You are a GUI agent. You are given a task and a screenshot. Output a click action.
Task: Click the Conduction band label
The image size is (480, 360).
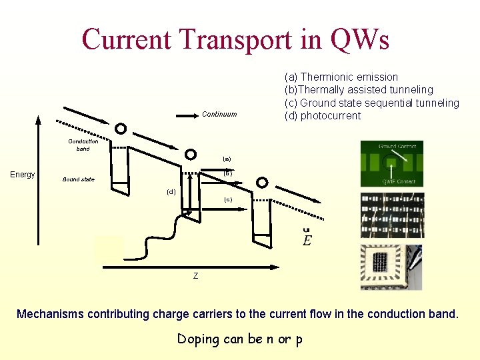[83, 145]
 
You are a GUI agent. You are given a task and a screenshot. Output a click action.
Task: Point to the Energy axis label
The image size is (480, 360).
[23, 175]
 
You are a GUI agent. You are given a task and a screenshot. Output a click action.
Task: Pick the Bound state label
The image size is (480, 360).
[79, 179]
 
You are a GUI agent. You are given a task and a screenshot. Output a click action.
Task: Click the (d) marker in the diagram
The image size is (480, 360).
[171, 192]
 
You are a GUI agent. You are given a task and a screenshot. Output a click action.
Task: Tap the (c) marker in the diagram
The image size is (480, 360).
[228, 199]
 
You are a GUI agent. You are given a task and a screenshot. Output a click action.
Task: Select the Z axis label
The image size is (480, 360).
[195, 276]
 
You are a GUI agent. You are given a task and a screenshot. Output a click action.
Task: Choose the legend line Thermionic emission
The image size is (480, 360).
[341, 77]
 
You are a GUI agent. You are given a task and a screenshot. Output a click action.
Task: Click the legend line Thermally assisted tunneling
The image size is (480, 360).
[359, 89]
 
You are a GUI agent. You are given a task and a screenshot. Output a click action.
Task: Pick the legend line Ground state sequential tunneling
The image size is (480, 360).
[372, 103]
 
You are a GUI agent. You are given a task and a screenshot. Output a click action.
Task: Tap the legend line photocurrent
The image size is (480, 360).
[323, 116]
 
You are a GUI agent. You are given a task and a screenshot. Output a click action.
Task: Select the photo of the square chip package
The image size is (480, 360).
[391, 267]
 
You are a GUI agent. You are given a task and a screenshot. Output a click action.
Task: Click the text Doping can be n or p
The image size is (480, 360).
[240, 339]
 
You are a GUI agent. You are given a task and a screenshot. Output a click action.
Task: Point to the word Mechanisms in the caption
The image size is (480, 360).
[49, 314]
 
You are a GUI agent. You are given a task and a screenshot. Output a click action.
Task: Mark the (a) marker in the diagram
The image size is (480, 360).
[227, 159]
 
